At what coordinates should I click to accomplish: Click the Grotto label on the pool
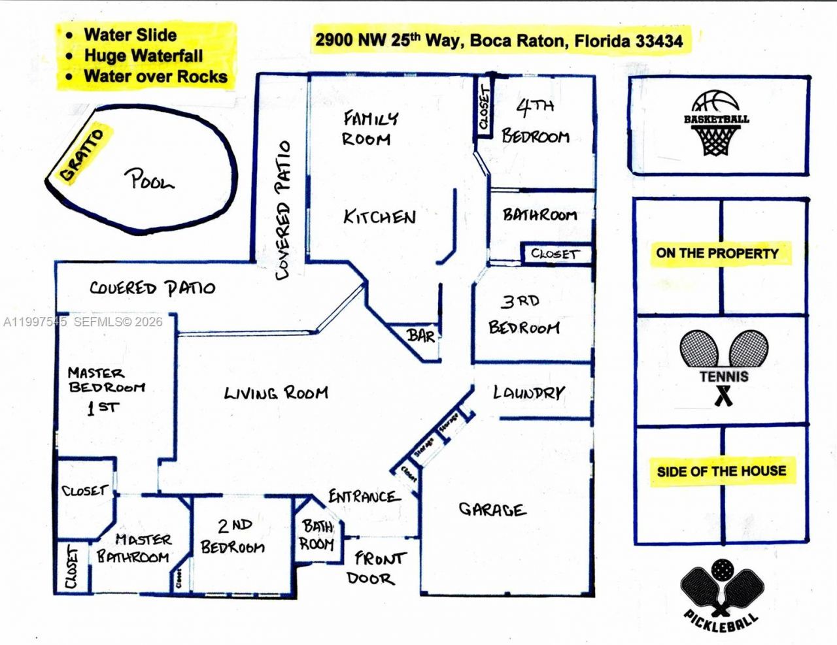(82, 155)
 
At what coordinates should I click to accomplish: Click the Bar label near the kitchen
(420, 336)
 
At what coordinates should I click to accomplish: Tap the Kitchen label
(379, 217)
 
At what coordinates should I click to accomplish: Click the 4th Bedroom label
(536, 122)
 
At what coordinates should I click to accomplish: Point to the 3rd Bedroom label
(523, 315)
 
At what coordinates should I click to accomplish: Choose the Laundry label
(528, 392)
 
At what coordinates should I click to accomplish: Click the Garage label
(491, 509)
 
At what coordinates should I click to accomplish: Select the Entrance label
(364, 497)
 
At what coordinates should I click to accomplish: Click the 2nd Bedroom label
(233, 536)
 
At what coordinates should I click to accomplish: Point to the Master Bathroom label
(134, 548)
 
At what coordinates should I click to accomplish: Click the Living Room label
(276, 393)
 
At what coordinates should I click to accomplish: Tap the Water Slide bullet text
(130, 35)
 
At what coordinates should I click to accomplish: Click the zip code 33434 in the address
(659, 41)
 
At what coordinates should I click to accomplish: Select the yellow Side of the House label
(721, 471)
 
